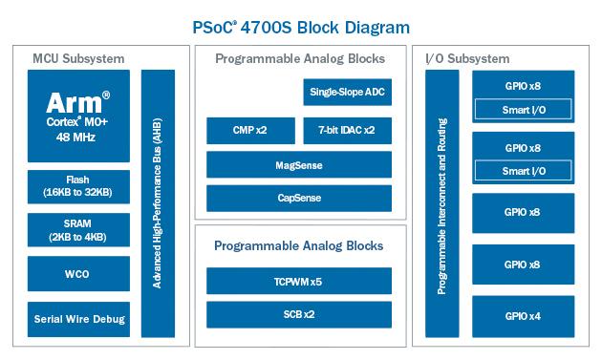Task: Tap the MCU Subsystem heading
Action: (x=79, y=59)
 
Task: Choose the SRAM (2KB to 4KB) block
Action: (x=77, y=230)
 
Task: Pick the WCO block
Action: (x=77, y=273)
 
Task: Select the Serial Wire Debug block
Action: (x=77, y=319)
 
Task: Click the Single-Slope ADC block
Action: (x=347, y=92)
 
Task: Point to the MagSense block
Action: (x=299, y=165)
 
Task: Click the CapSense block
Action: (x=299, y=200)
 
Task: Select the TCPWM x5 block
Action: (x=299, y=281)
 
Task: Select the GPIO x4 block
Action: (x=522, y=315)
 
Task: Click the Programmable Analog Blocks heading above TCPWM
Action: (x=299, y=245)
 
